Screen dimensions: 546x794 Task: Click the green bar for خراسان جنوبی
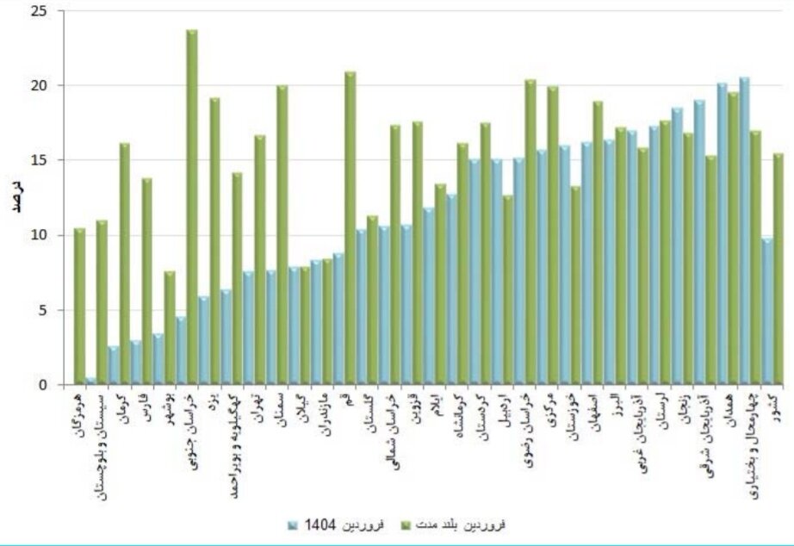(x=192, y=207)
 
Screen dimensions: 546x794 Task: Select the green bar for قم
(x=350, y=228)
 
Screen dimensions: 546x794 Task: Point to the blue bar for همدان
(x=722, y=233)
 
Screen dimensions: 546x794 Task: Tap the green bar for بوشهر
(x=170, y=328)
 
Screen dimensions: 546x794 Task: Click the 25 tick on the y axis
(x=42, y=11)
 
